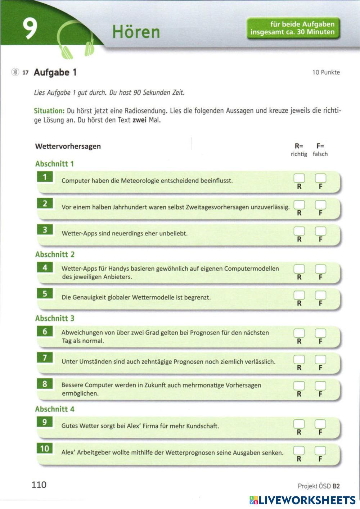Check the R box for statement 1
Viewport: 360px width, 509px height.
pos(299,178)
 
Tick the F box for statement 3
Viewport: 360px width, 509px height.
pos(320,231)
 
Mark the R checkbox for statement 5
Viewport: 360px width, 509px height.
pos(299,295)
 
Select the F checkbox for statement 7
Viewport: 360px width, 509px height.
pos(320,359)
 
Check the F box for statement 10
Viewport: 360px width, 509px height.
pos(320,450)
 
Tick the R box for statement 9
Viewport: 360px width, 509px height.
pos(299,424)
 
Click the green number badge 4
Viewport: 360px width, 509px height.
pos(45,267)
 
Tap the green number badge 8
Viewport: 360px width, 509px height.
pos(45,384)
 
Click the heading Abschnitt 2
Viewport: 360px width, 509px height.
pos(55,254)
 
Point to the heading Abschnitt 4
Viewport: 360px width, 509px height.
pos(55,409)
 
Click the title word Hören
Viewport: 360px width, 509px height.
pos(136,32)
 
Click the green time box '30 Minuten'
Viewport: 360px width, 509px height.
pos(293,28)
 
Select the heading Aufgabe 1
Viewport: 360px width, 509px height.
pos(55,72)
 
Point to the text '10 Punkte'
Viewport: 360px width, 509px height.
pos(326,72)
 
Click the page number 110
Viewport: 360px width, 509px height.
pos(39,485)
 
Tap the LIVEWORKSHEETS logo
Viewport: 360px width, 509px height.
pos(302,500)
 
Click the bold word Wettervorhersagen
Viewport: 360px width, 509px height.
pos(68,146)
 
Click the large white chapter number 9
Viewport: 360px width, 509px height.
pos(30,29)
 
